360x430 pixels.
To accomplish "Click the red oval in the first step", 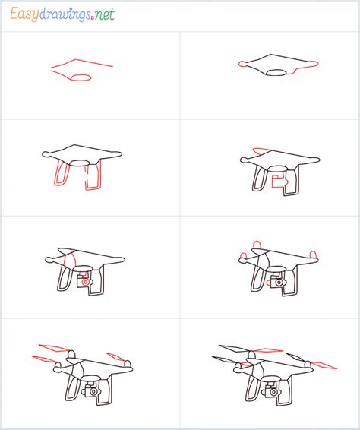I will point(81,76).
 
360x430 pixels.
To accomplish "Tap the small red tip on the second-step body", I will point(242,64).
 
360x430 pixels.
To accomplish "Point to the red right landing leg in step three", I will point(93,178).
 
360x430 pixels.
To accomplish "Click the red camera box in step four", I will point(279,182).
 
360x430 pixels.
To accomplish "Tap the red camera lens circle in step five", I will point(86,282).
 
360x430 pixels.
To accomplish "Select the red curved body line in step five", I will point(71,262).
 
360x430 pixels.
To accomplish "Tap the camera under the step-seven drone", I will point(92,392).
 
